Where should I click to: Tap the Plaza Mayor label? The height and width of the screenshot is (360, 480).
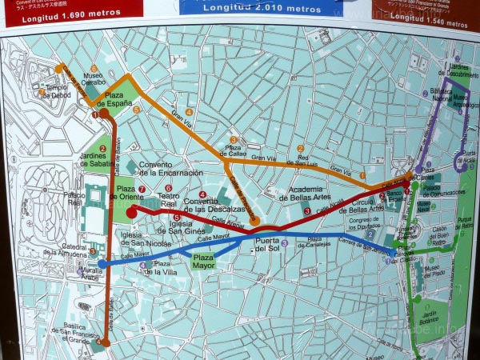203,262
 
